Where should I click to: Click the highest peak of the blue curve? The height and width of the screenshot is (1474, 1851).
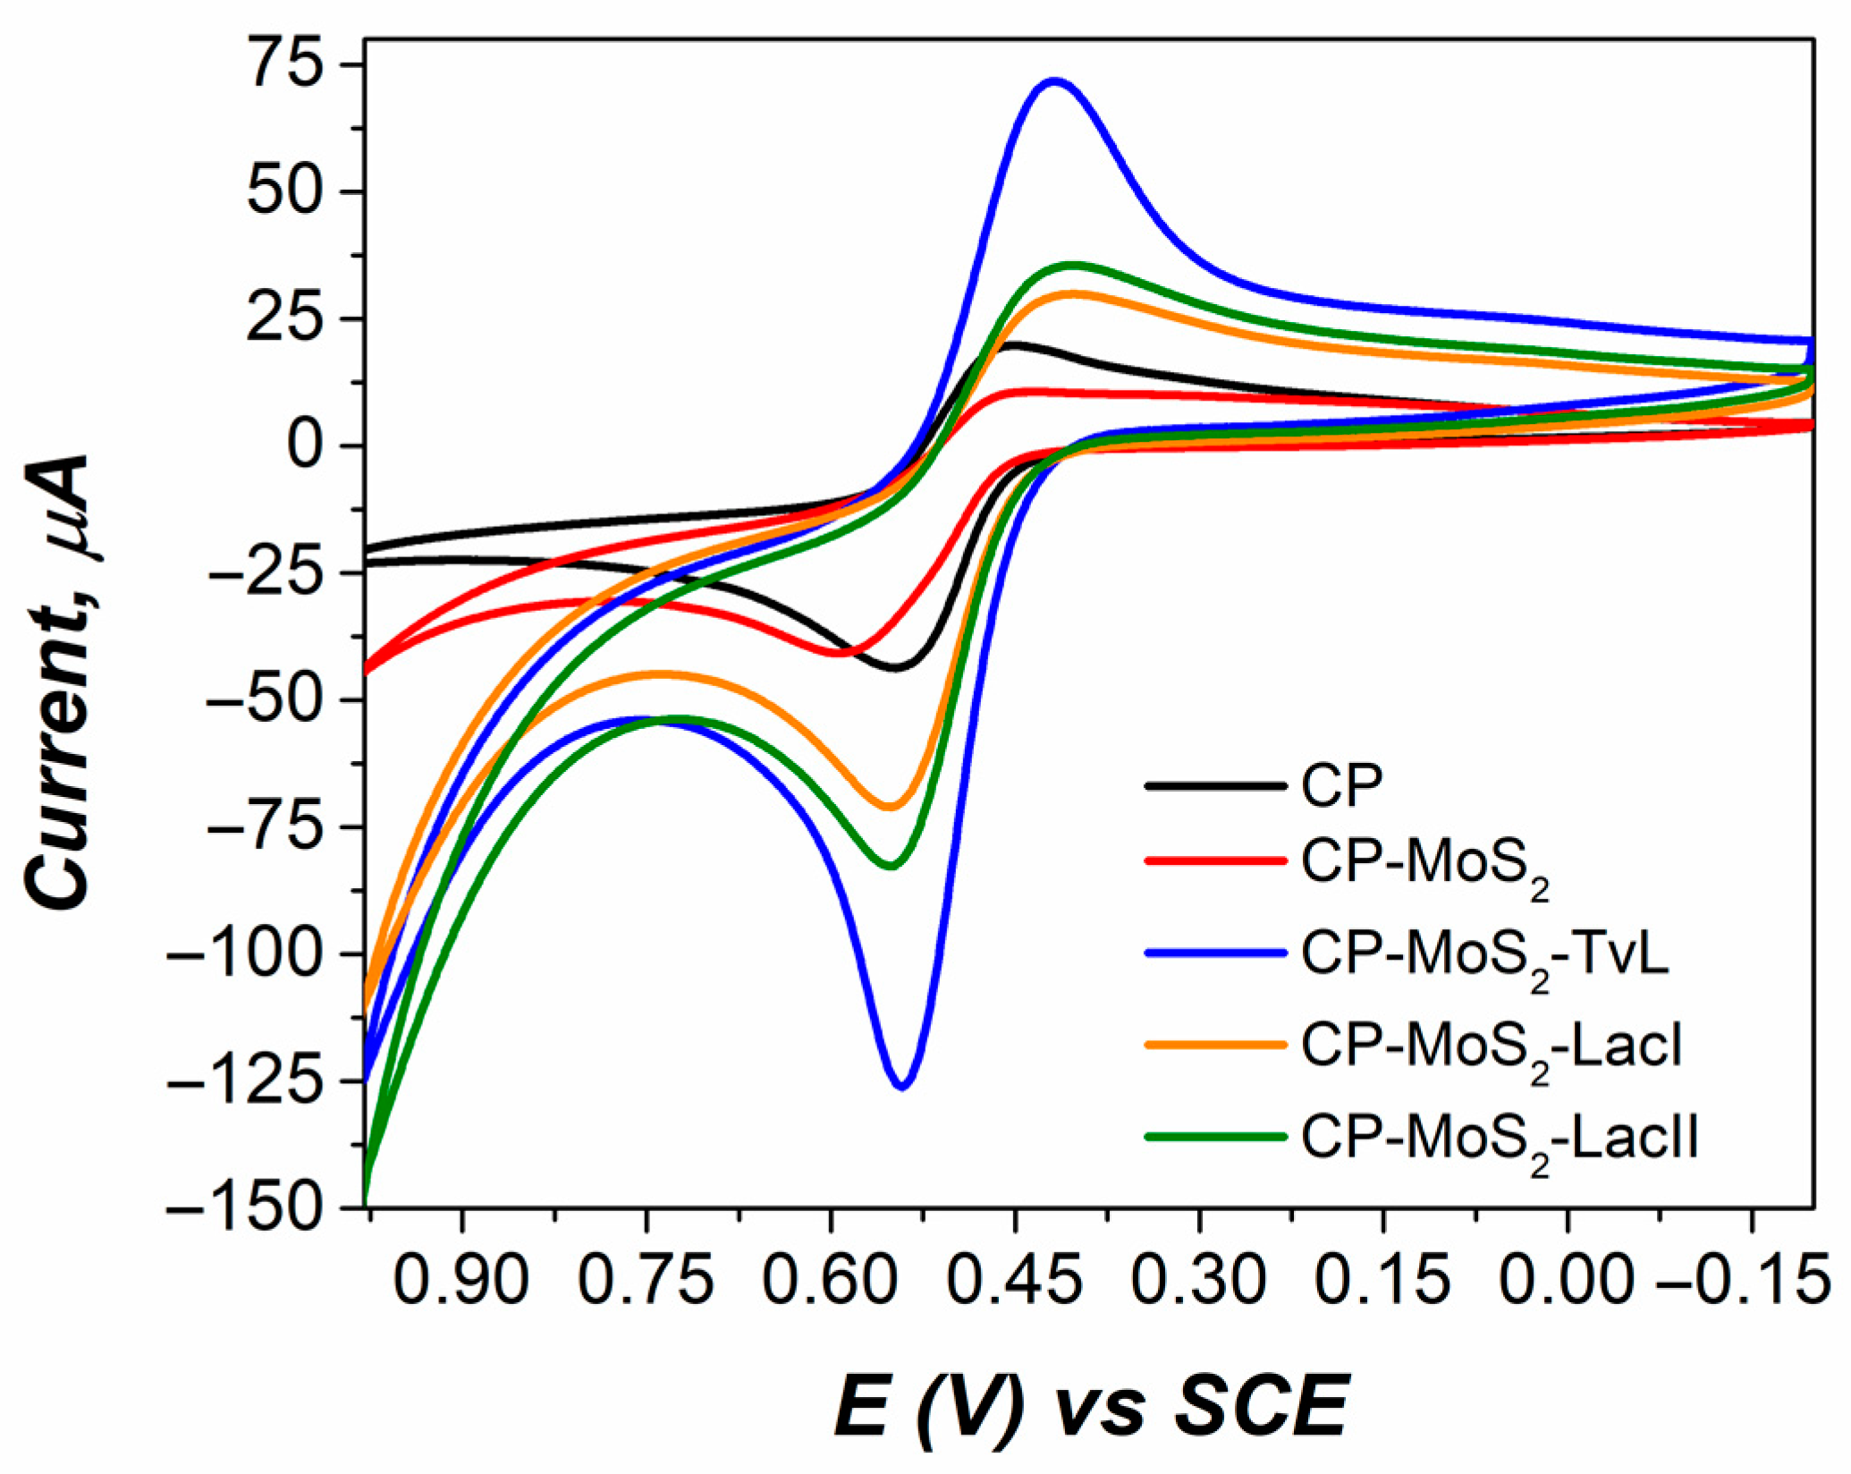[x=1055, y=80]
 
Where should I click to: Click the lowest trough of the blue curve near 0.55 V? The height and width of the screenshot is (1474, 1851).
[x=902, y=1086]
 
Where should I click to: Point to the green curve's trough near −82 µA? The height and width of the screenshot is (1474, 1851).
[x=891, y=866]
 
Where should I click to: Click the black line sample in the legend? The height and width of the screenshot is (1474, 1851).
[x=1215, y=786]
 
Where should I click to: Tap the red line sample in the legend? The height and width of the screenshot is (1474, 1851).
[x=1215, y=862]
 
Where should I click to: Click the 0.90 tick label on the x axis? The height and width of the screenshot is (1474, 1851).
[x=461, y=1281]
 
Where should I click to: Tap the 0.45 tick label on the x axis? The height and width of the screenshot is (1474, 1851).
[x=1015, y=1281]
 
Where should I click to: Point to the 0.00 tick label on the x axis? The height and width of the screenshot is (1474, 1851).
[x=1567, y=1281]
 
